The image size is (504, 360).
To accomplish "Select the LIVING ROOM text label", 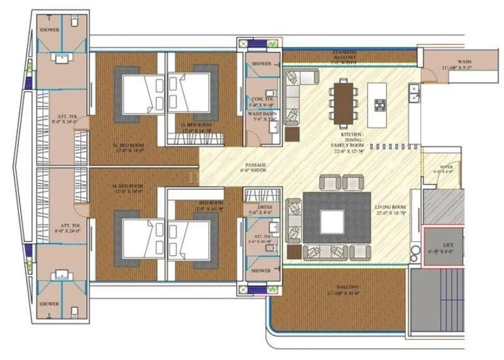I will point(390,207).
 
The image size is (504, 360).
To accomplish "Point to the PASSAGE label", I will point(256,165).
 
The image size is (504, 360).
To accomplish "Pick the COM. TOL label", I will point(261,99).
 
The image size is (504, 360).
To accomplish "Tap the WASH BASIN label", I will point(261,113).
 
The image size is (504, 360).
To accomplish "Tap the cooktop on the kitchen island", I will point(381,105).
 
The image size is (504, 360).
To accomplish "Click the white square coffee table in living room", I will point(331,221).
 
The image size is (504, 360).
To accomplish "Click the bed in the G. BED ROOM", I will point(192,95).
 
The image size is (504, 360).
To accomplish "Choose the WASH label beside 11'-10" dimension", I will point(464,62).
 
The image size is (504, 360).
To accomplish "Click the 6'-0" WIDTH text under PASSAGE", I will point(256,171).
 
